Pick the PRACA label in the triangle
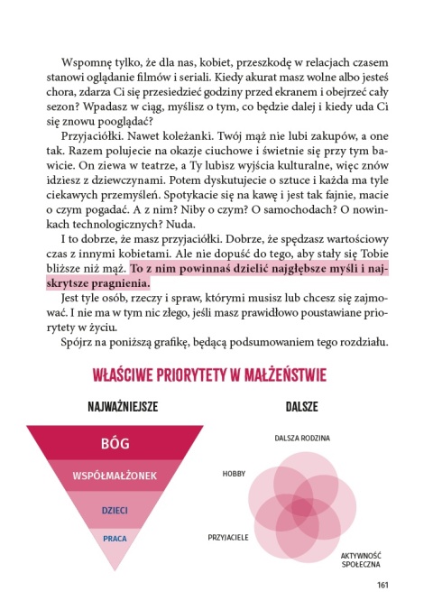pyautogui.click(x=115, y=539)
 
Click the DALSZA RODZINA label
pyautogui.click(x=302, y=439)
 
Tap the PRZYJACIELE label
pyautogui.click(x=228, y=535)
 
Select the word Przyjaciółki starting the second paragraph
pyautogui.click(x=92, y=132)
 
